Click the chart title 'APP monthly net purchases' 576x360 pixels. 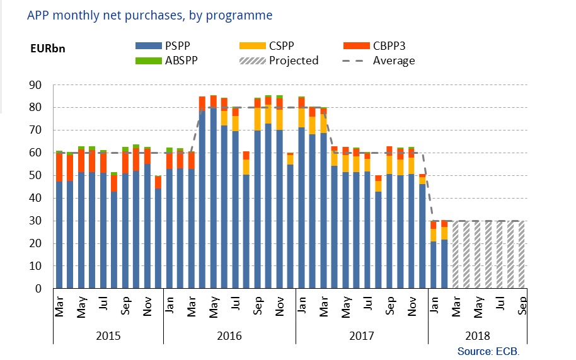pyautogui.click(x=150, y=15)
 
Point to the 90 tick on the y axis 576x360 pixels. pyautogui.click(x=35, y=85)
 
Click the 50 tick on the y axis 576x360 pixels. pyautogui.click(x=35, y=176)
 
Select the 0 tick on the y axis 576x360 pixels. pyautogui.click(x=38, y=289)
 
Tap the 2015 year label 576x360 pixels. pyautogui.click(x=108, y=337)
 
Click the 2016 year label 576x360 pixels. pyautogui.click(x=229, y=337)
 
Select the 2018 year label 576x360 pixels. pyautogui.click(x=477, y=337)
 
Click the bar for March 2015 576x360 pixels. pyautogui.click(x=59, y=221)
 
